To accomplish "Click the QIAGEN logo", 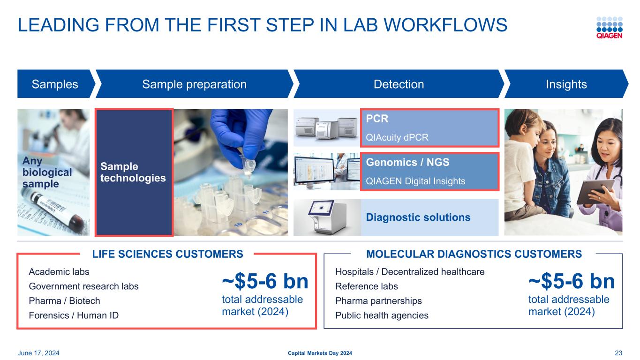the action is pyautogui.click(x=609, y=28).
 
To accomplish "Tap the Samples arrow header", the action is pyautogui.click(x=55, y=84).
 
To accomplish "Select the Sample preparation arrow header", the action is pyautogui.click(x=194, y=84).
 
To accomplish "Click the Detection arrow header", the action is pyautogui.click(x=399, y=84).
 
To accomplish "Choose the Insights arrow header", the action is pyautogui.click(x=566, y=84).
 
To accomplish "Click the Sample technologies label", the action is pyautogui.click(x=133, y=172).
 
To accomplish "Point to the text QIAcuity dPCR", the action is pyautogui.click(x=397, y=137).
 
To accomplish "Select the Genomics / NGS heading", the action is pyautogui.click(x=407, y=162).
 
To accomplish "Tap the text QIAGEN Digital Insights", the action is pyautogui.click(x=415, y=181).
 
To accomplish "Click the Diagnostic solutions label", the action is pyautogui.click(x=418, y=217).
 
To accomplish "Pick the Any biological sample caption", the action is pyautogui.click(x=47, y=172).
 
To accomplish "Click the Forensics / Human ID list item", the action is pyautogui.click(x=74, y=315).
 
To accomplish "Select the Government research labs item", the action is pyautogui.click(x=84, y=286).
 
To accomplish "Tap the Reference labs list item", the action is pyautogui.click(x=367, y=286).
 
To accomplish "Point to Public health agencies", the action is pyautogui.click(x=382, y=315).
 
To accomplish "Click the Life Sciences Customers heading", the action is pyautogui.click(x=168, y=254).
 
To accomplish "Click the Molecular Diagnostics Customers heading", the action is pyautogui.click(x=474, y=254).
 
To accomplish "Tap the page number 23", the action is pyautogui.click(x=618, y=353).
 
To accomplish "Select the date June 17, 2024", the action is pyautogui.click(x=38, y=353).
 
